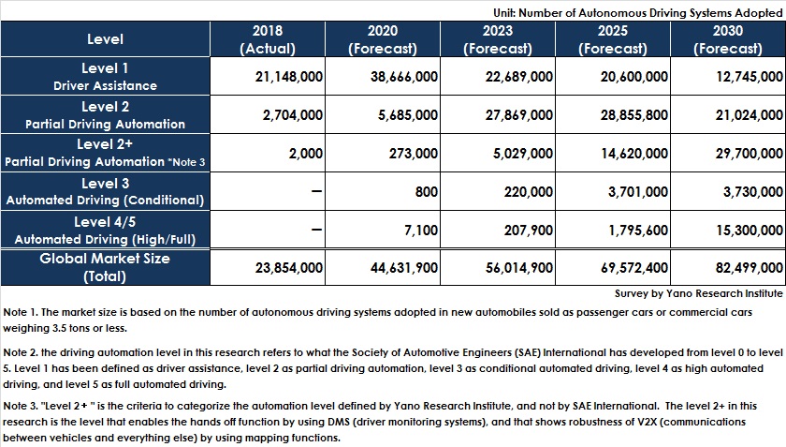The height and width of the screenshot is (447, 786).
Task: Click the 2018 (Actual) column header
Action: coord(268,39)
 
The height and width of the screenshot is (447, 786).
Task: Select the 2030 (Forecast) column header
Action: coord(728,39)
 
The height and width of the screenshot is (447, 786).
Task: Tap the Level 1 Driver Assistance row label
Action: coord(105,76)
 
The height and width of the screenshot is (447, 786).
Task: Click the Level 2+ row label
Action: coord(105,153)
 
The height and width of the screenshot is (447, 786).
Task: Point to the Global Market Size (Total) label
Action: coord(105,267)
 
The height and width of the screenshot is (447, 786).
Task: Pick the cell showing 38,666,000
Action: coord(404,76)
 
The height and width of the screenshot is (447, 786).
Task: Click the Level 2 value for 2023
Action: coord(518,115)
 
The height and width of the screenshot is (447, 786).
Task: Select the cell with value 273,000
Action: coord(414,153)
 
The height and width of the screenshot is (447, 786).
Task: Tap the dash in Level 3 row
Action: coord(316,191)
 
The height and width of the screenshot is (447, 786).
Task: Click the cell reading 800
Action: coord(426,191)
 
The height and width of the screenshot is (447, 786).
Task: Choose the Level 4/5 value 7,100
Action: coord(421,230)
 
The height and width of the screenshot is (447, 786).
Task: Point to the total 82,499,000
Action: coord(749,268)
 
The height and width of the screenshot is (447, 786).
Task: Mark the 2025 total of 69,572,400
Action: coord(634,268)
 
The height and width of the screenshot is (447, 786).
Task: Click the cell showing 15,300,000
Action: coord(749,230)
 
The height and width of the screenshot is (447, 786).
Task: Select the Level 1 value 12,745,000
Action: coord(749,76)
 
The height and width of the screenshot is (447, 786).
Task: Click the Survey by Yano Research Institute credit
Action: coord(698,293)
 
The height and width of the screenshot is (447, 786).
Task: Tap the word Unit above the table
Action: coord(504,13)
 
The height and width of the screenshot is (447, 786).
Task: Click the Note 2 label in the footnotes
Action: coord(20,352)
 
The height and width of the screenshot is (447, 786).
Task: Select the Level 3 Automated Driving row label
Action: coord(105,191)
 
